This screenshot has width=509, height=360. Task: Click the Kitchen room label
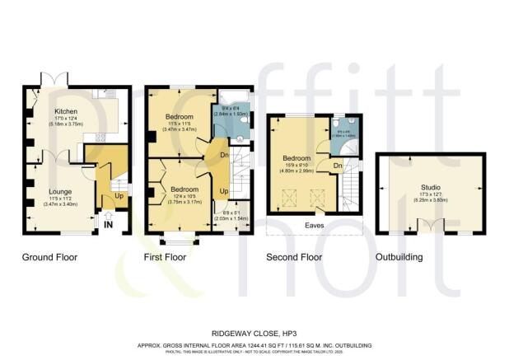tap(65, 111)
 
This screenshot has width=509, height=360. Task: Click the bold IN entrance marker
tap(109, 222)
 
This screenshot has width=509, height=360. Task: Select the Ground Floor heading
tap(49, 258)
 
